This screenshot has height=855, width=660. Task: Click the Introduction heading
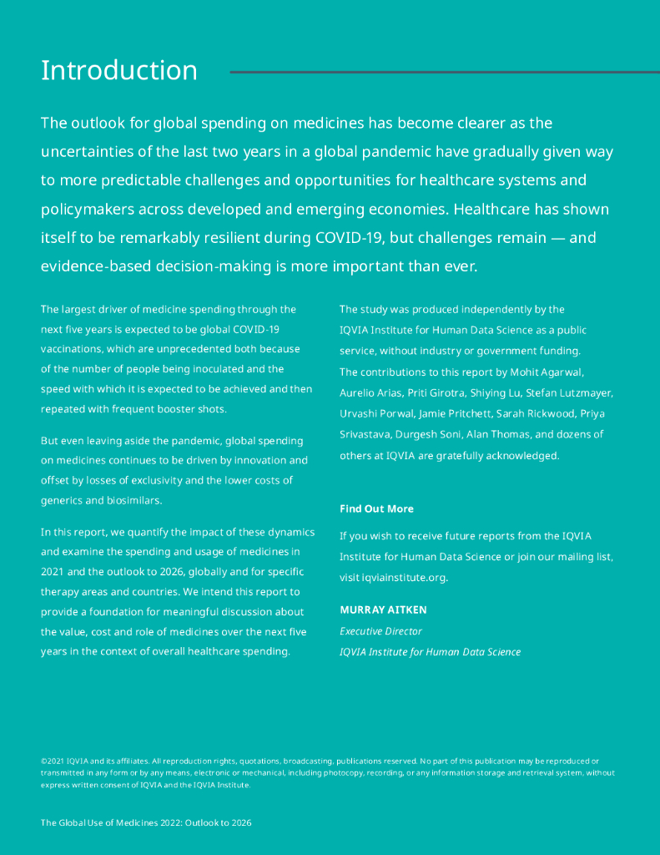coord(119,70)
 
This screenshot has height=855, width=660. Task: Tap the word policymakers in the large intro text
coord(93,209)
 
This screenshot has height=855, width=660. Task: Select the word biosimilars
coord(130,501)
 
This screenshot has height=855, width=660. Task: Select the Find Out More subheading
coord(376,508)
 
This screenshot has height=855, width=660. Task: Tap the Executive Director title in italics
coord(380,631)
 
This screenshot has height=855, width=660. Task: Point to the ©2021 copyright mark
coord(52,761)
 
